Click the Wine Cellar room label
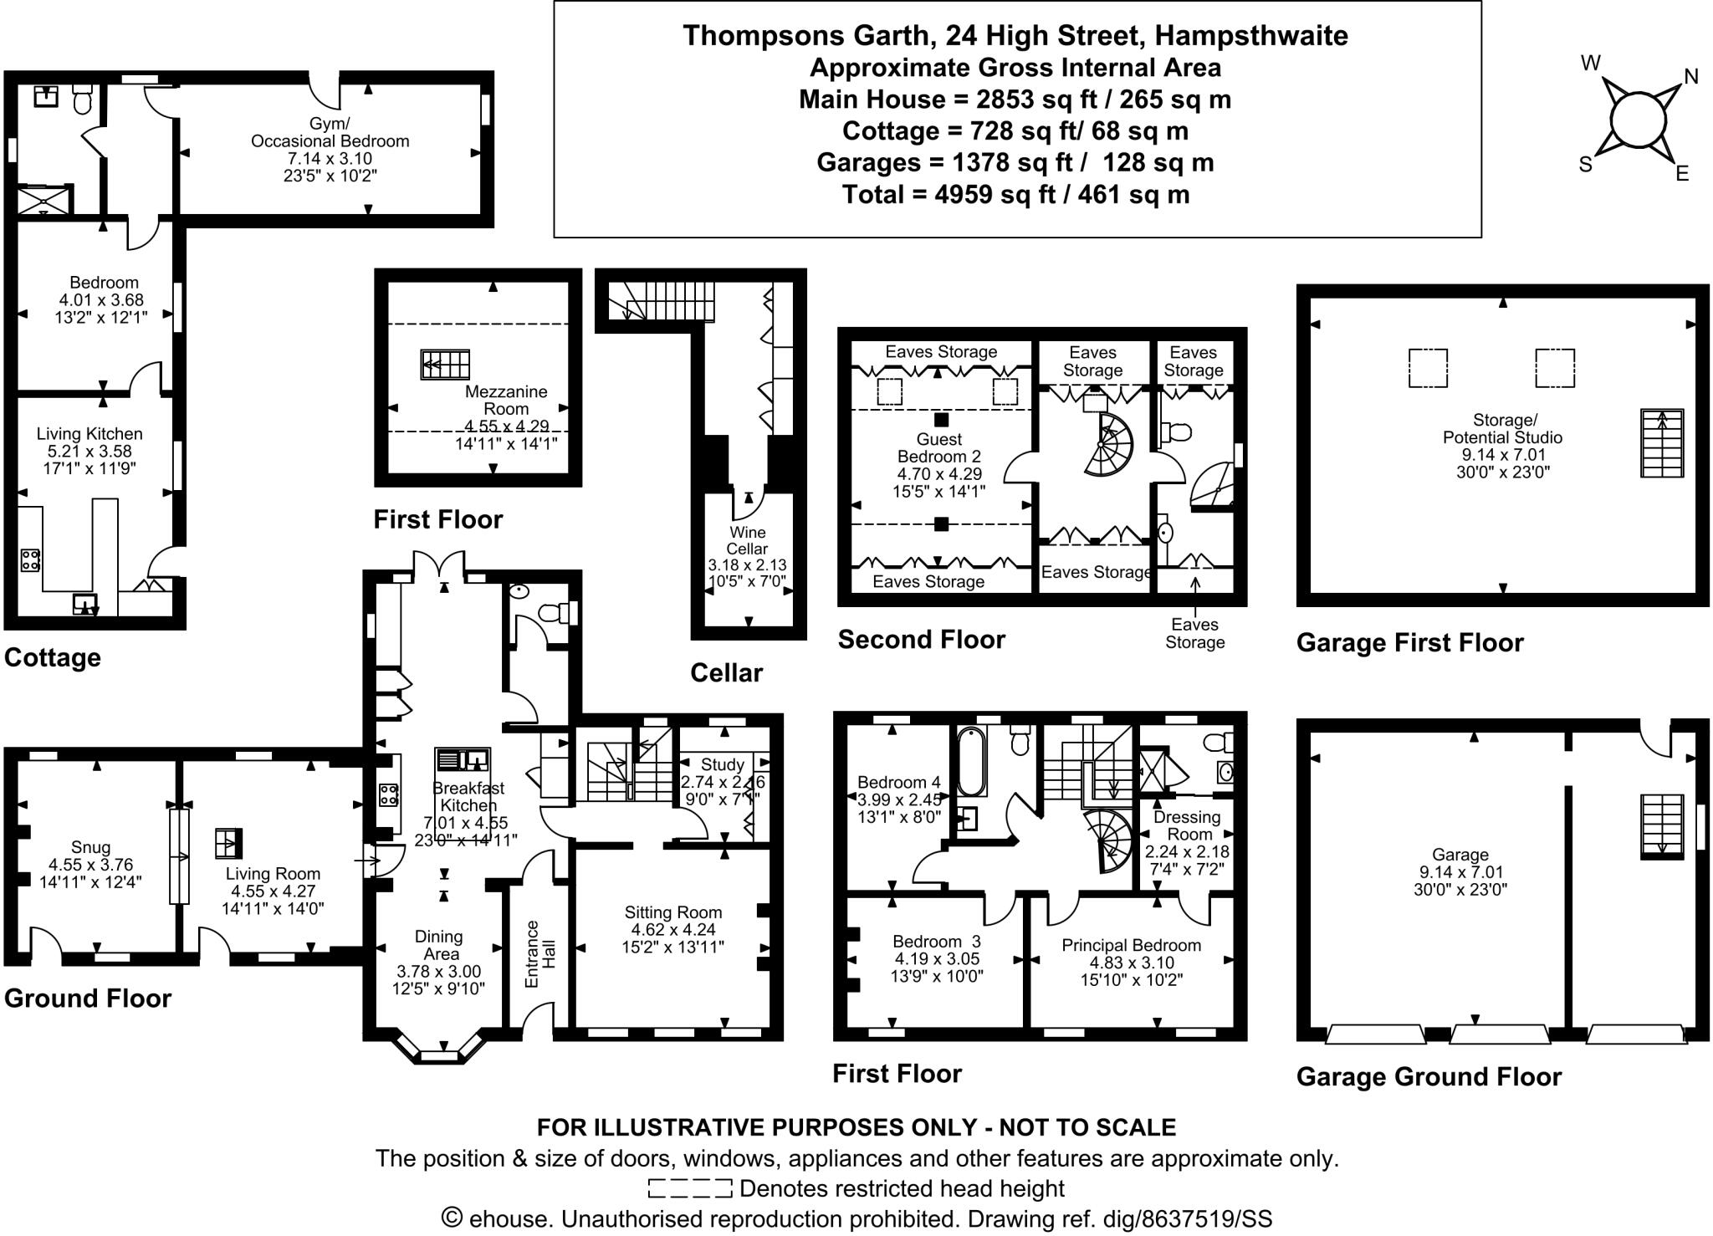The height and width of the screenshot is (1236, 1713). tap(747, 540)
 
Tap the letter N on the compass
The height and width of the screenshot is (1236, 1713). tap(1690, 77)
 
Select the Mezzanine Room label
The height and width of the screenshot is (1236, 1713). tap(506, 400)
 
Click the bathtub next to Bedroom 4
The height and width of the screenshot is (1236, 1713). tap(971, 761)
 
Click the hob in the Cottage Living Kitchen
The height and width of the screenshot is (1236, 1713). tap(30, 559)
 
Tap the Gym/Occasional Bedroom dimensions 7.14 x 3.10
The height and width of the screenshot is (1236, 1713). tap(330, 159)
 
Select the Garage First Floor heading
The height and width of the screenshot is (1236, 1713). tap(1409, 642)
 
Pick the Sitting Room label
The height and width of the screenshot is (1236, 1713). tap(672, 912)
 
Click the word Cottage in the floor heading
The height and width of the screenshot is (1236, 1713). tap(52, 657)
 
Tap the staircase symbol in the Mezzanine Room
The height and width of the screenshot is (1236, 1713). tap(445, 365)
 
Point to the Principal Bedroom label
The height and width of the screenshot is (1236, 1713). tap(1131, 945)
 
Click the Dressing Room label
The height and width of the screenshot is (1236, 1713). tap(1187, 825)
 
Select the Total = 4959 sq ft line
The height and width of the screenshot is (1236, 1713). tap(1015, 195)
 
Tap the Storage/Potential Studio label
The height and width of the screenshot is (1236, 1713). tap(1502, 428)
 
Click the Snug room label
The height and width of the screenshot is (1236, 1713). tap(90, 847)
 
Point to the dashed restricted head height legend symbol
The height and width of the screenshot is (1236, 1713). tap(690, 1188)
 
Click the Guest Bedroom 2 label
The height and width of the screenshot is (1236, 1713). tap(939, 447)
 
